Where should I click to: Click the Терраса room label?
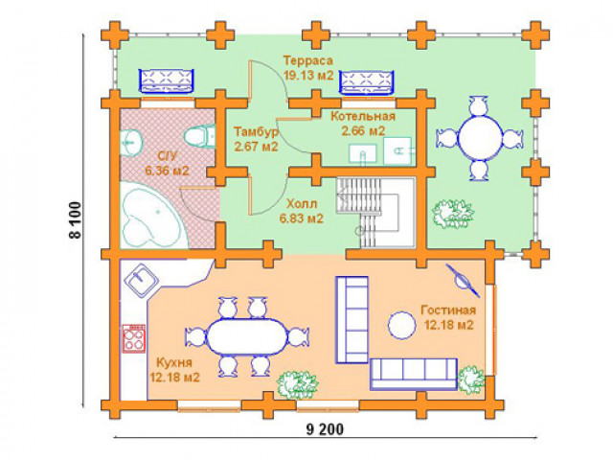tap(308, 60)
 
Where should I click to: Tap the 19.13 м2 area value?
tap(308, 75)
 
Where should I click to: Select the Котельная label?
tap(363, 116)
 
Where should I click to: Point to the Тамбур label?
tap(256, 132)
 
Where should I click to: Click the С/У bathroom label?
tap(168, 156)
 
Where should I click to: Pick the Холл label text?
tap(302, 204)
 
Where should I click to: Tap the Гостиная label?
tap(448, 310)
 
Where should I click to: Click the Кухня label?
tap(174, 362)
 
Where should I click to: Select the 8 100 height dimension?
tap(75, 219)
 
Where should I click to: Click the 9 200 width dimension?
tap(325, 429)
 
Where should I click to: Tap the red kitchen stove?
tap(134, 338)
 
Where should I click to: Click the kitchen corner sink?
tap(141, 279)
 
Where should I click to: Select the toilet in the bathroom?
tap(199, 137)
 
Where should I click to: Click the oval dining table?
tap(247, 337)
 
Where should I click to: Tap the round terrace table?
tap(480, 138)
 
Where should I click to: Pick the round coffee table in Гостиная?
tap(401, 326)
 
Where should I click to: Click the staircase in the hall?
tap(375, 213)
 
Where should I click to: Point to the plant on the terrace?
tap(453, 214)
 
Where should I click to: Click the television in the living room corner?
tap(463, 281)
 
